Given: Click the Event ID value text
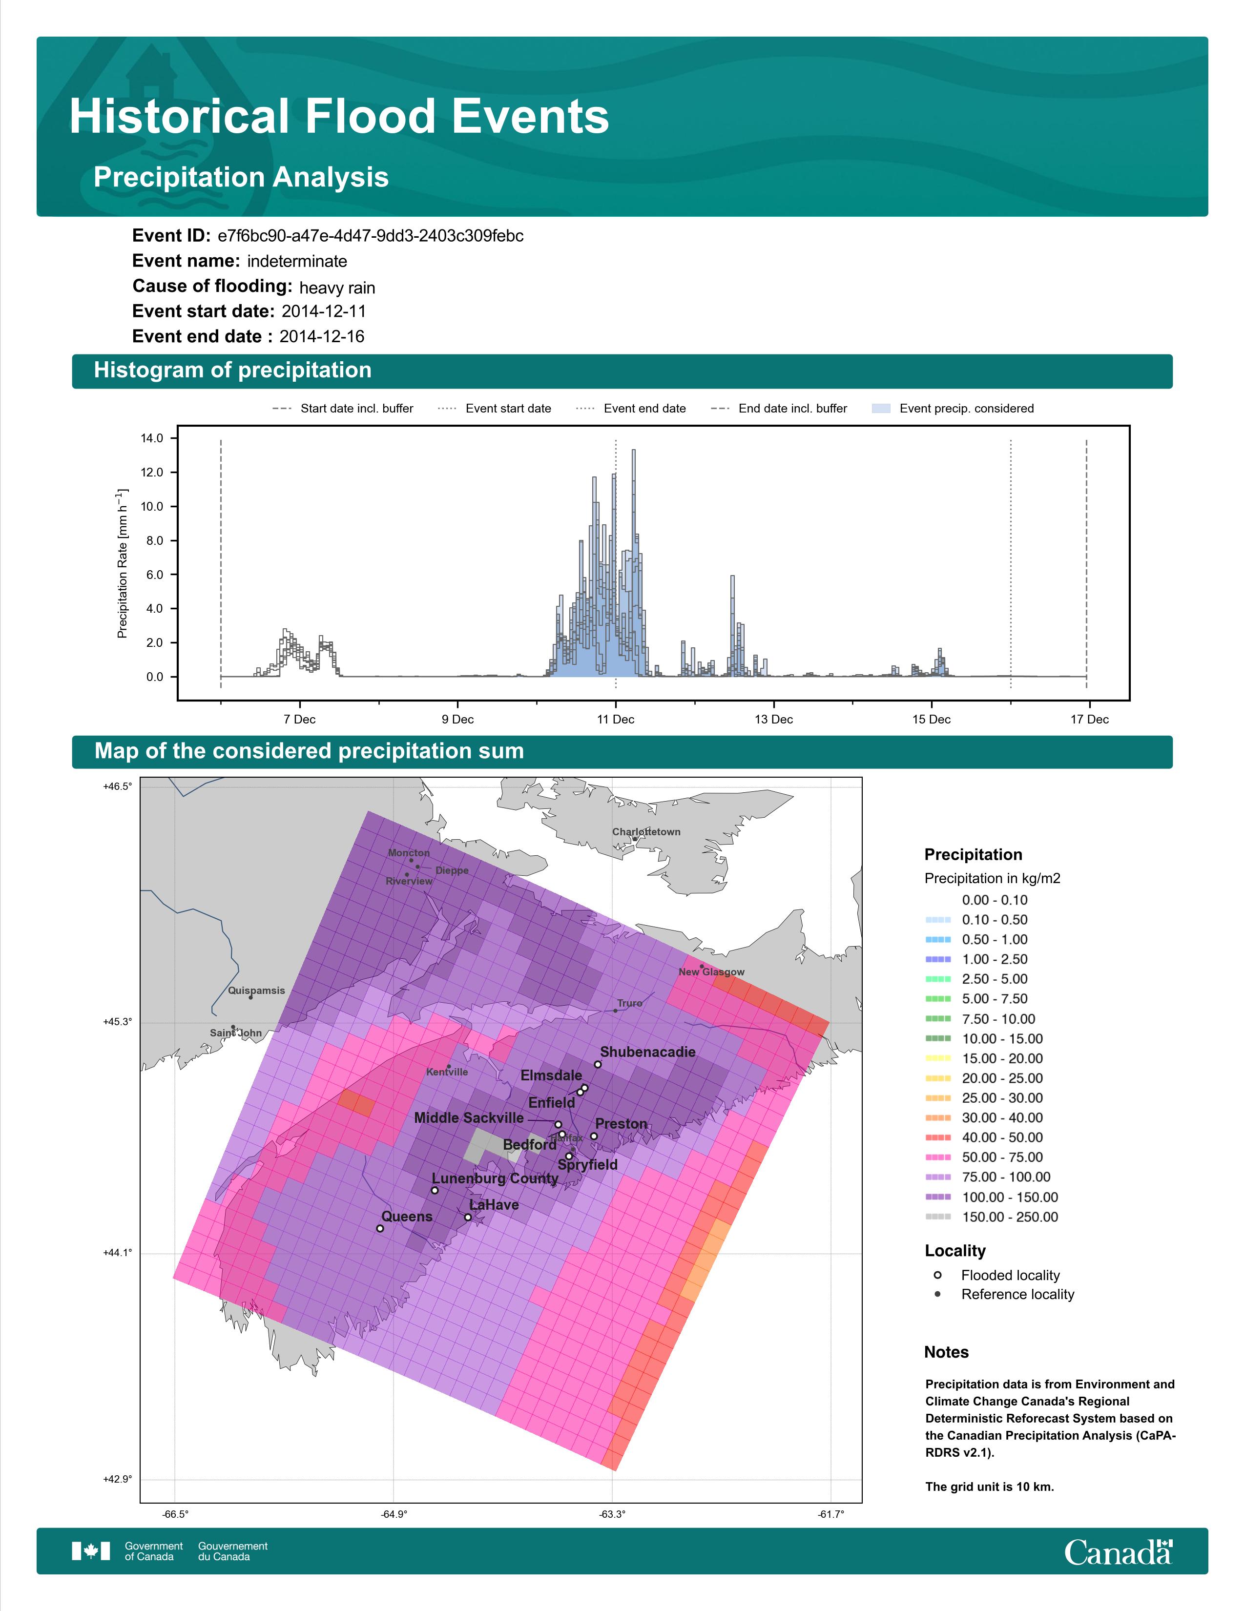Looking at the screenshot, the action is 370,236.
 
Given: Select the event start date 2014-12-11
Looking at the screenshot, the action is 324,311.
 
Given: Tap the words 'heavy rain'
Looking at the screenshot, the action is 337,288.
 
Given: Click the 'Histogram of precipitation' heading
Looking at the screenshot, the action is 232,371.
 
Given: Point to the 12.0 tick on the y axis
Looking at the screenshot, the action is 152,472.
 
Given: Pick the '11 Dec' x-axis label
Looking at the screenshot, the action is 616,719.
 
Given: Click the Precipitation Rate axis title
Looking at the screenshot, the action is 123,563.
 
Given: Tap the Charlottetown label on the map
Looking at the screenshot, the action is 646,832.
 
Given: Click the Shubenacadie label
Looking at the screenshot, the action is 647,1052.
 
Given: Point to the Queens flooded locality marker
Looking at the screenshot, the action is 380,1229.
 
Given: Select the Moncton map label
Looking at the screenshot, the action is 409,853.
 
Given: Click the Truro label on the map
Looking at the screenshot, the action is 630,1003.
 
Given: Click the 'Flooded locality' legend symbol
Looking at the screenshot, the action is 937,1275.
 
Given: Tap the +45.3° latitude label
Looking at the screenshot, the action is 117,1022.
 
